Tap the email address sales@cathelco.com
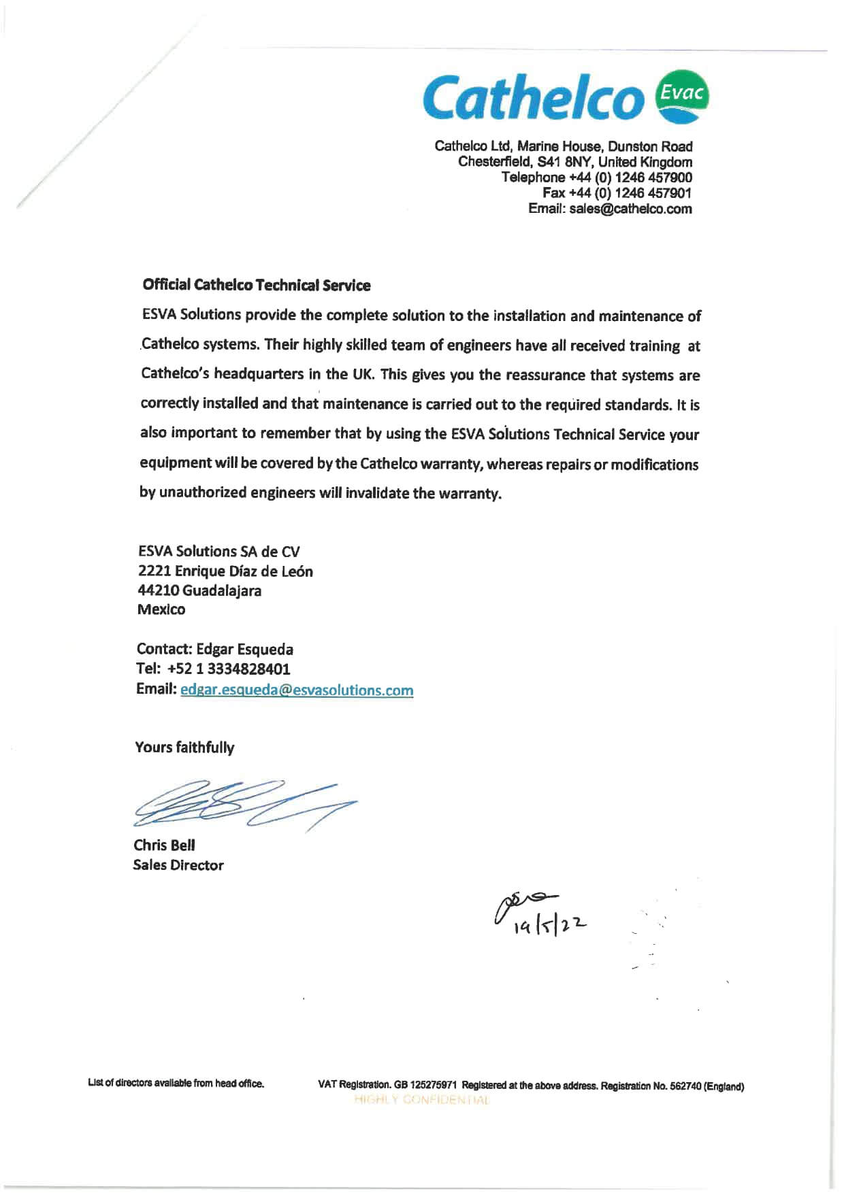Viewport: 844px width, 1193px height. (x=630, y=209)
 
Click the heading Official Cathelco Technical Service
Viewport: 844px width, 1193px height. (x=257, y=285)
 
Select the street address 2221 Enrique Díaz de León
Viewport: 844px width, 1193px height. (x=225, y=571)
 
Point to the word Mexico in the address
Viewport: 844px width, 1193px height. (x=161, y=609)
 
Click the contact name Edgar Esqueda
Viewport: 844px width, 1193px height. (x=245, y=649)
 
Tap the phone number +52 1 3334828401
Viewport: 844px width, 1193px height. (x=228, y=669)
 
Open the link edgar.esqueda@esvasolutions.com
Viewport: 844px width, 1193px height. (x=297, y=690)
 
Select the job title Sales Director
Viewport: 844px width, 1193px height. (x=178, y=865)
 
